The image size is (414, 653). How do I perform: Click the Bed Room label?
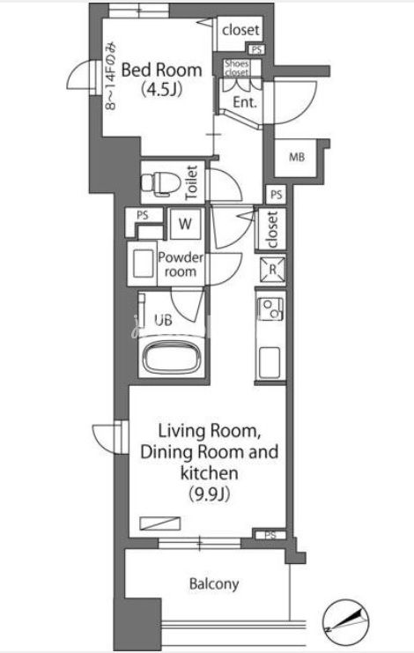[161, 70]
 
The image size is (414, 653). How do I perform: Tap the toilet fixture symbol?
[160, 182]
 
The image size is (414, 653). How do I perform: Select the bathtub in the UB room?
[170, 357]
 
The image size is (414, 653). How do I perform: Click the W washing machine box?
[185, 224]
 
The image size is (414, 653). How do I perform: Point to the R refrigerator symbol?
[272, 270]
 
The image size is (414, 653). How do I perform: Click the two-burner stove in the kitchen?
[270, 309]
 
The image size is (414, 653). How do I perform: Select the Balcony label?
[214, 584]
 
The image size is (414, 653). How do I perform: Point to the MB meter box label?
[297, 158]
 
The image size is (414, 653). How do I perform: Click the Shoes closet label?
[237, 68]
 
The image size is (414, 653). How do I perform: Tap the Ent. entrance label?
[245, 102]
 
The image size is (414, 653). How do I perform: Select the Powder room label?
[181, 264]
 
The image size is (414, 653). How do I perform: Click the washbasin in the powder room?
[143, 264]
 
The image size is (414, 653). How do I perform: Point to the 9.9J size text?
[210, 494]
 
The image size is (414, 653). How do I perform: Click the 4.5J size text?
[161, 89]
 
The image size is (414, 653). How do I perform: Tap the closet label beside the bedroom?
[240, 30]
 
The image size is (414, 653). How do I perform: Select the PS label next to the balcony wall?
[270, 535]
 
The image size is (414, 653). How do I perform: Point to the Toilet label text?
[191, 182]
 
